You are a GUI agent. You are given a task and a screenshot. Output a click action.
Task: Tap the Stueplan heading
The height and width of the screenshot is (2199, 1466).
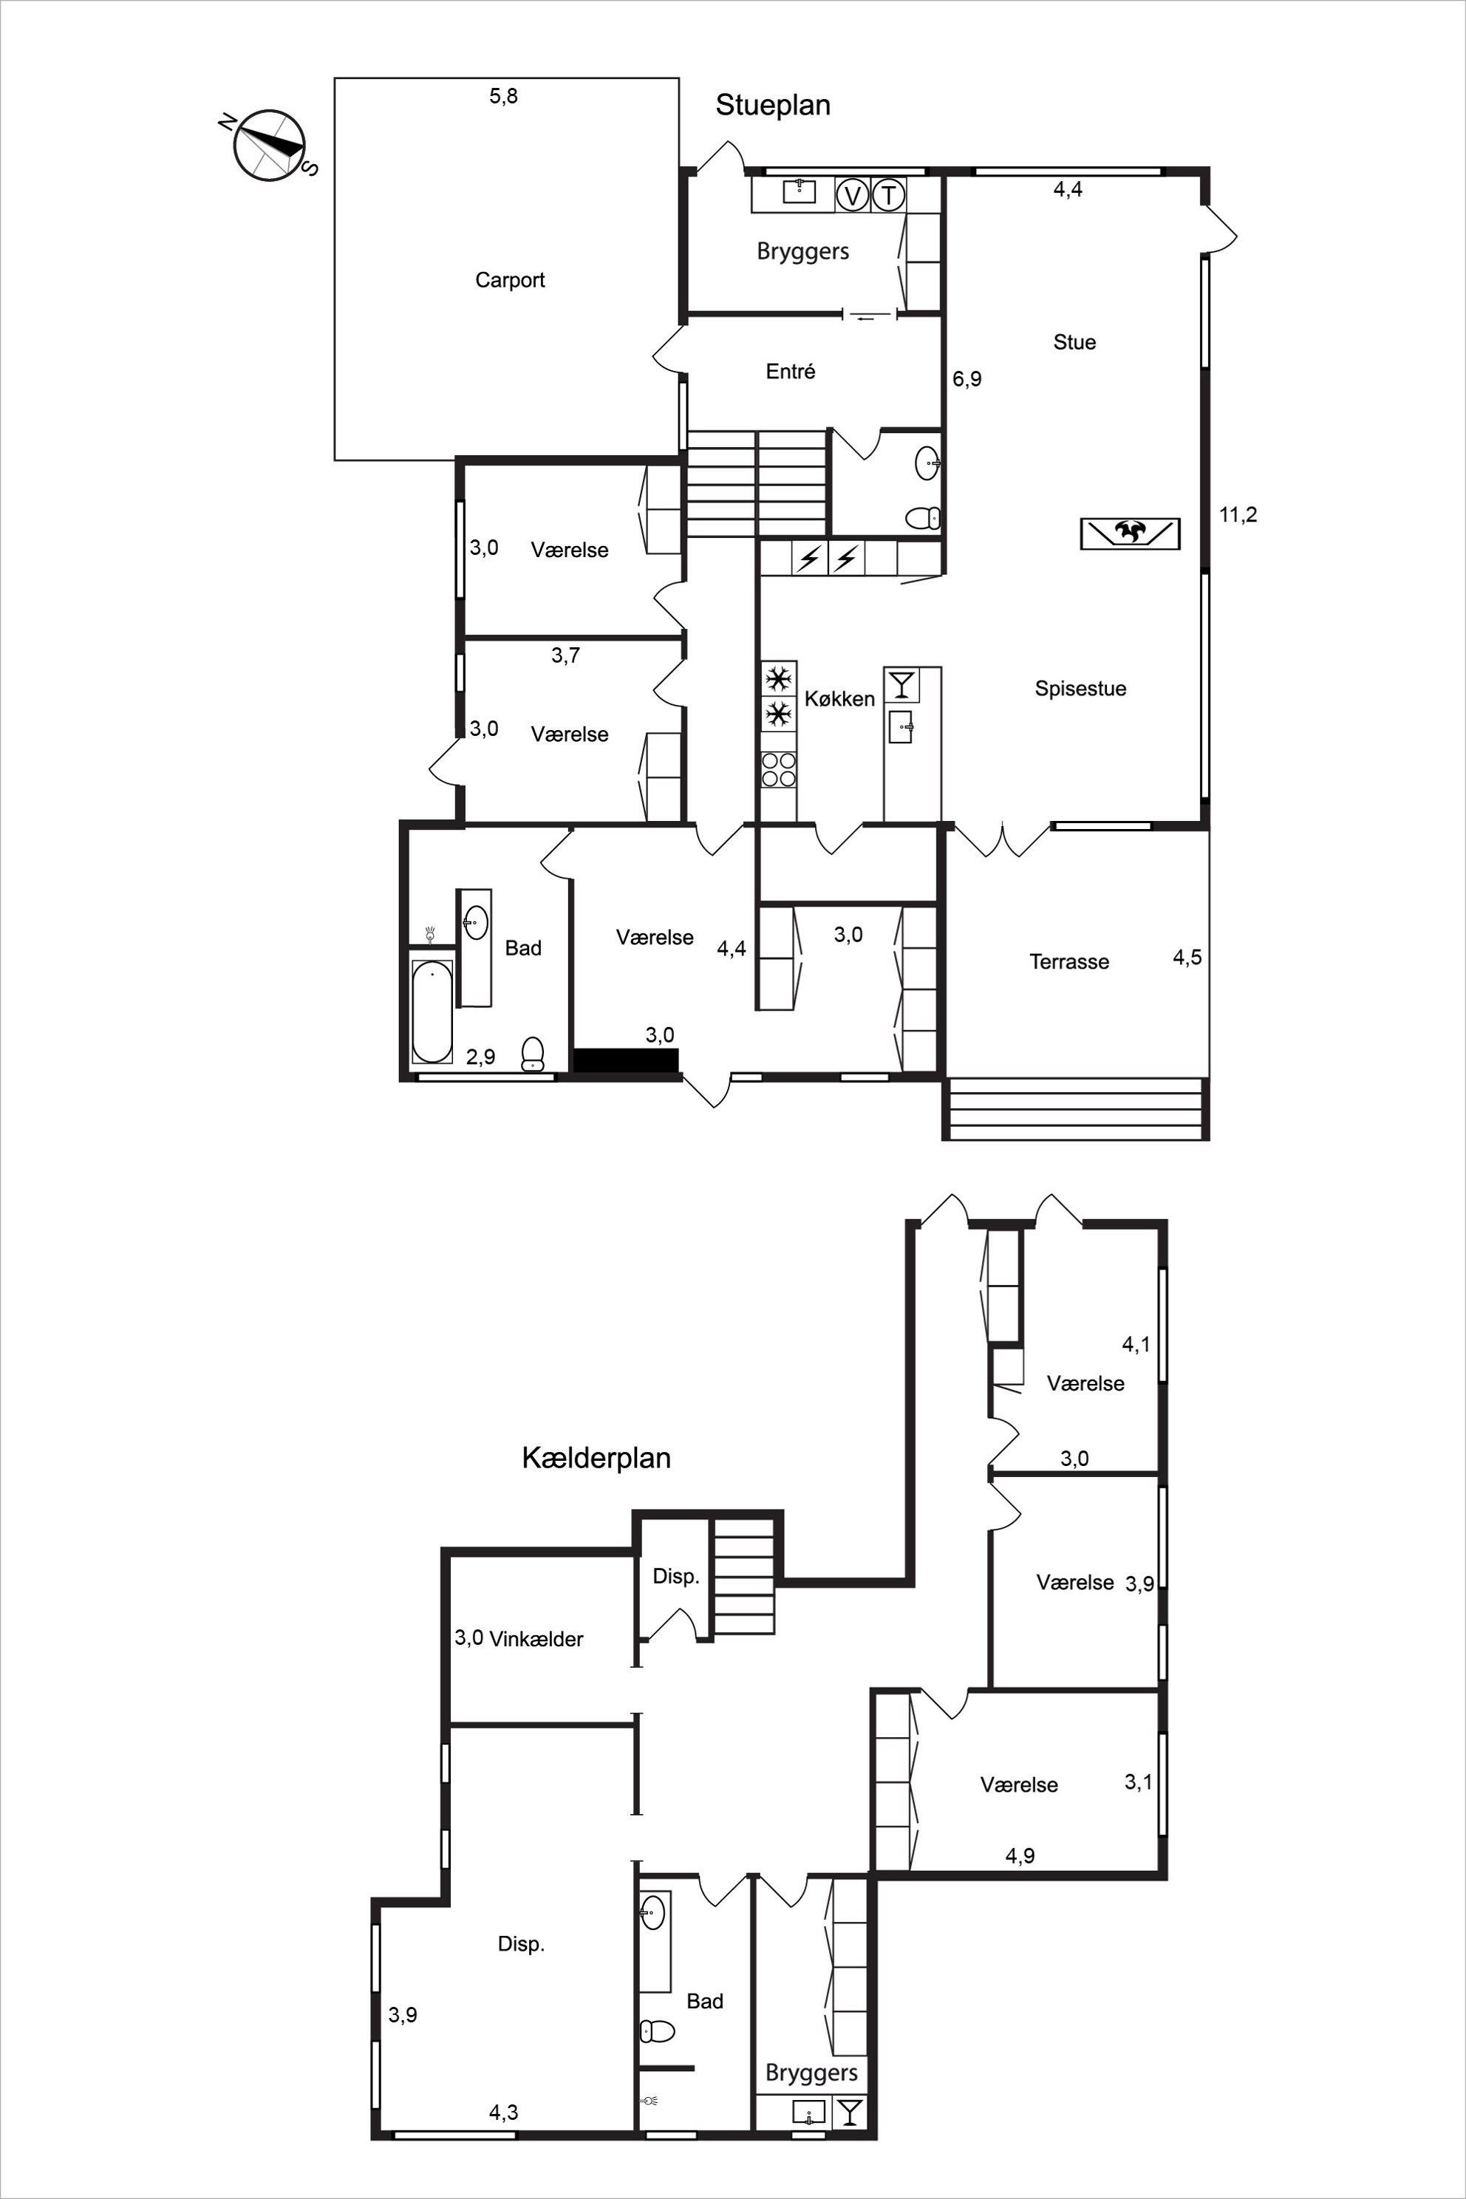point(773,105)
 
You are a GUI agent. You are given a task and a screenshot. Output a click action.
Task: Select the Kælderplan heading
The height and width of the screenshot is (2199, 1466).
point(596,1458)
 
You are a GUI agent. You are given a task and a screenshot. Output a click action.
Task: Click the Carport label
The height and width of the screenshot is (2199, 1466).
point(510,279)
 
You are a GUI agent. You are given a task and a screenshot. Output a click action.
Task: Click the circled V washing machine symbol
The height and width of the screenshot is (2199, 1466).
point(852,195)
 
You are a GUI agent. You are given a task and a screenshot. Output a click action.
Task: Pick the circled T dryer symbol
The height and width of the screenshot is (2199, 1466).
point(888,195)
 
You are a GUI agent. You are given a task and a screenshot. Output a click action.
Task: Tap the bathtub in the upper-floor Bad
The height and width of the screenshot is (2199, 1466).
point(432,1012)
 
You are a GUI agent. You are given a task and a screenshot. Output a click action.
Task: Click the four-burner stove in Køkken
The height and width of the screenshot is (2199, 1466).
point(778,771)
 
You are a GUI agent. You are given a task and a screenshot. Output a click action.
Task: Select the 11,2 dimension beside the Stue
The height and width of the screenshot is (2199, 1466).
point(1238,514)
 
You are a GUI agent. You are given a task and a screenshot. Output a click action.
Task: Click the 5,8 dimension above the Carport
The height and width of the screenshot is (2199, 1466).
point(503,95)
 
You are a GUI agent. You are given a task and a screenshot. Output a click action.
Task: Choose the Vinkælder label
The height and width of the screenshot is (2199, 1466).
point(536,1639)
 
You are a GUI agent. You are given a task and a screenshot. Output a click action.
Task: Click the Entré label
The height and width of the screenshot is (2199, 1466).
point(790,371)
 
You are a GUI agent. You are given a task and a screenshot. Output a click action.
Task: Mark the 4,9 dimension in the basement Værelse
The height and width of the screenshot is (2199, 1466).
point(1020,1856)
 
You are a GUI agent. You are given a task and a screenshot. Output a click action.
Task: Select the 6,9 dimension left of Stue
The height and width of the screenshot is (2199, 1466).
point(966,378)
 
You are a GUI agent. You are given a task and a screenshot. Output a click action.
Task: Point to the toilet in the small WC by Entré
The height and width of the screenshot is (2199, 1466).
point(923,517)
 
